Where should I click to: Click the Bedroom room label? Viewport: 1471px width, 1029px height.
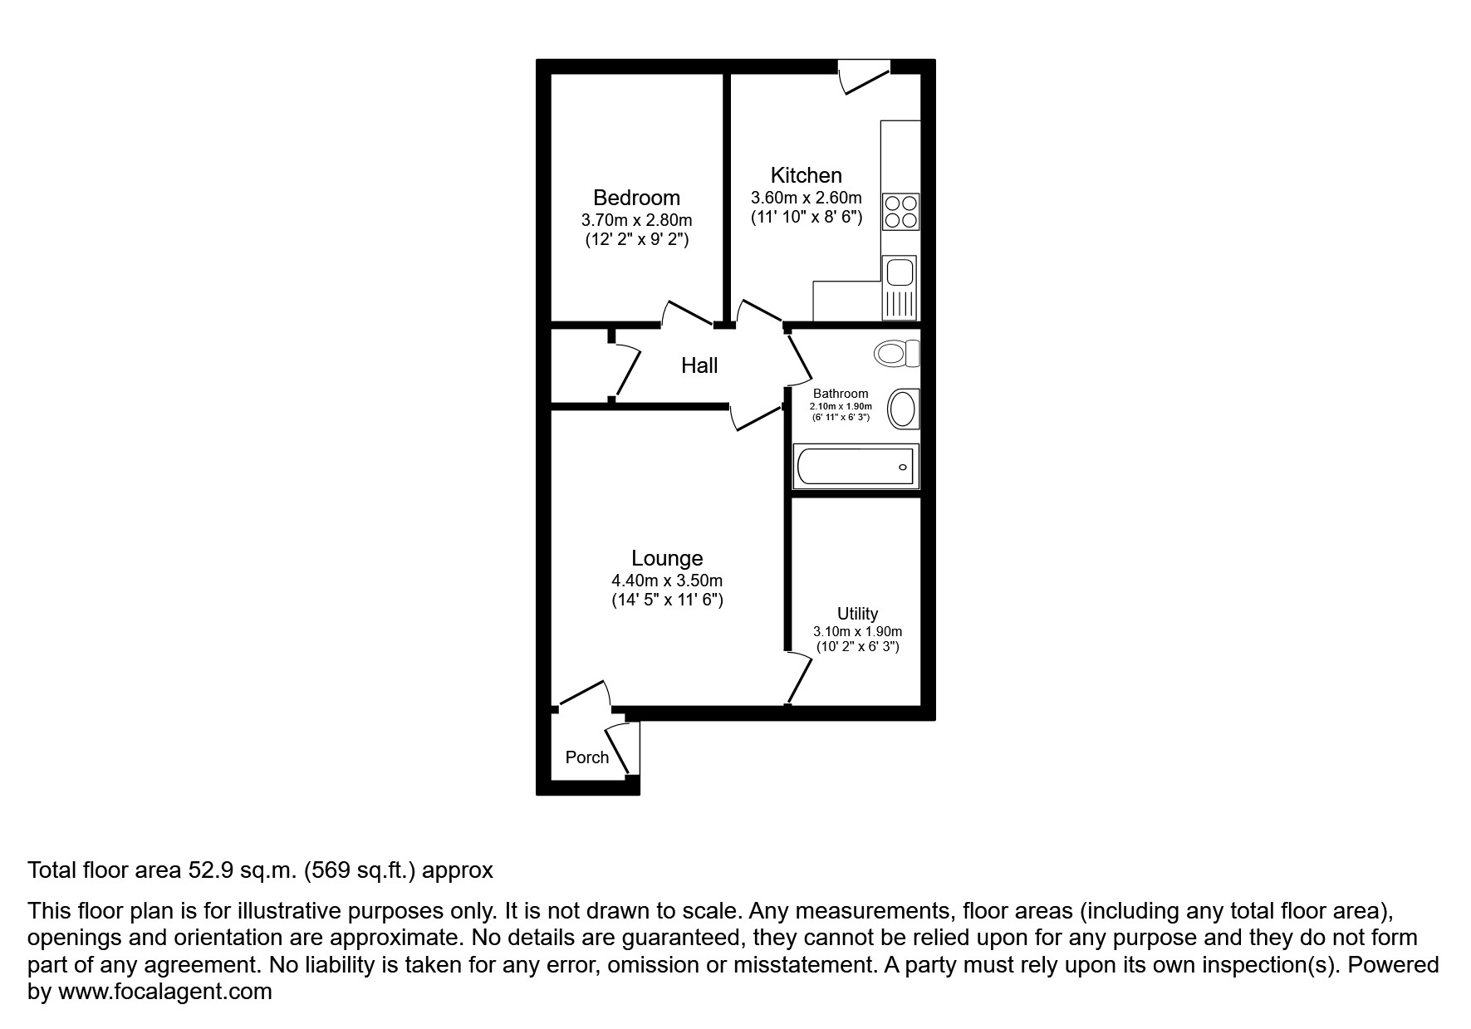pos(636,198)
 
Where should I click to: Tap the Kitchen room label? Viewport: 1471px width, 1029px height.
pos(806,175)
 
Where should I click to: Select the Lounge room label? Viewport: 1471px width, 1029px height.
pos(667,558)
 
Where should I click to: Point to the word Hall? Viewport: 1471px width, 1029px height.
pos(699,365)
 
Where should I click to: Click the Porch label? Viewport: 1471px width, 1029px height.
pos(586,757)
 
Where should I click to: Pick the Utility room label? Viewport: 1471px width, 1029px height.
pos(857,614)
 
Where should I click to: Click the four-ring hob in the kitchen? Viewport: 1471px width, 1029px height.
pos(900,211)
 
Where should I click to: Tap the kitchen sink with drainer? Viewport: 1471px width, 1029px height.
pos(899,287)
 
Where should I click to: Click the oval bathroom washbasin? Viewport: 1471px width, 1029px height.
pos(903,409)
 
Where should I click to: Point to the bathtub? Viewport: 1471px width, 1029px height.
pos(856,466)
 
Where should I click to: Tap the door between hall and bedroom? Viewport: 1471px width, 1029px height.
pos(688,315)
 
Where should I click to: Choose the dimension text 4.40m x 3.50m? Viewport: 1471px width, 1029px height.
pos(667,581)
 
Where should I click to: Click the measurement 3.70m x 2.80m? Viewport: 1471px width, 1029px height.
pos(636,221)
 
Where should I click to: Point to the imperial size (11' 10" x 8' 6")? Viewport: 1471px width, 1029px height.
pos(806,218)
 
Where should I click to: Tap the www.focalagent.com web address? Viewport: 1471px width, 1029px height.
pos(164,992)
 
